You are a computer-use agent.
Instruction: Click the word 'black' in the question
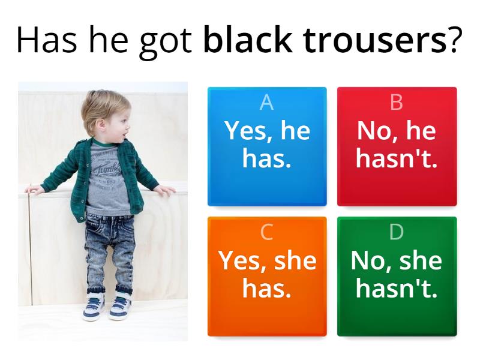click(x=247, y=40)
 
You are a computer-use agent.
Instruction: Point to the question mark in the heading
click(x=454, y=40)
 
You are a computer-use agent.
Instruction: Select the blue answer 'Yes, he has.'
click(x=267, y=146)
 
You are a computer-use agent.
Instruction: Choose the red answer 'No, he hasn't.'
click(x=397, y=146)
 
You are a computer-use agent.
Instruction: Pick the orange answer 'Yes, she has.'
click(x=267, y=277)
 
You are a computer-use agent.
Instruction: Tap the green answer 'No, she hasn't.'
click(x=397, y=277)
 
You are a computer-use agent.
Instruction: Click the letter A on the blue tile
click(x=266, y=102)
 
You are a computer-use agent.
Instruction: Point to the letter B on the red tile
click(x=397, y=102)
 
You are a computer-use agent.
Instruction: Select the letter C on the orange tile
click(x=266, y=232)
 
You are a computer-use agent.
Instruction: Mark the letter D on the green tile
click(x=397, y=232)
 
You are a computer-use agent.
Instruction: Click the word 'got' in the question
click(x=166, y=43)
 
